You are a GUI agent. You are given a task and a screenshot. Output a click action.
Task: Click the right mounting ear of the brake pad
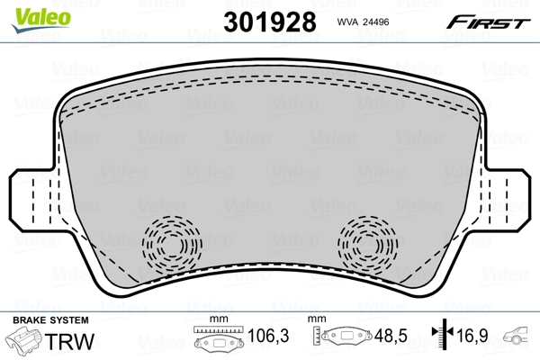click(514, 199)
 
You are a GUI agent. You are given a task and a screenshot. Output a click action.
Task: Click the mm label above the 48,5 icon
click(316, 319)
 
